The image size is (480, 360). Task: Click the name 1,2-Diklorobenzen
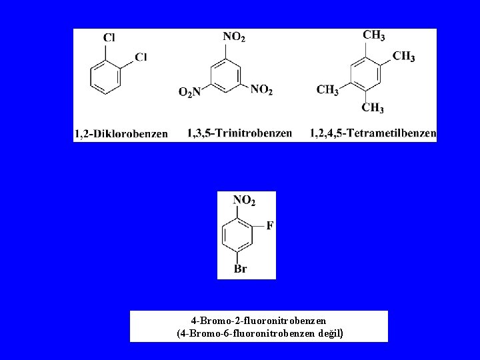[x=121, y=134]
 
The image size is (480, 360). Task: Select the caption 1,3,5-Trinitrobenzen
[x=239, y=133]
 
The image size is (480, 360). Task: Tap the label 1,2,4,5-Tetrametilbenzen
[x=373, y=133]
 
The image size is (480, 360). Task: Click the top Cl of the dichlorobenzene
[x=109, y=39]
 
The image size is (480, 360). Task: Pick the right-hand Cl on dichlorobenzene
[x=141, y=57]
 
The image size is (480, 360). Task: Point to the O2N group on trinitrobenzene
[x=189, y=93]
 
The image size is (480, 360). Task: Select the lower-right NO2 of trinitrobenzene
[x=261, y=89]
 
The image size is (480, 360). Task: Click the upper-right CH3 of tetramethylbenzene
[x=403, y=56]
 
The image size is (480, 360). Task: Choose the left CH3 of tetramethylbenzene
[x=327, y=89]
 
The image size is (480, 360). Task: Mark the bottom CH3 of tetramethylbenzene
[x=373, y=108]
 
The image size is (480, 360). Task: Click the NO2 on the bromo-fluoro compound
[x=244, y=200]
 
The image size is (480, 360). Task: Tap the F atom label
[x=269, y=225]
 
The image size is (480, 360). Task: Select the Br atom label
[x=241, y=269]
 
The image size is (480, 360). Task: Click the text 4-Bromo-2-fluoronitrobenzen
[x=258, y=320]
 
